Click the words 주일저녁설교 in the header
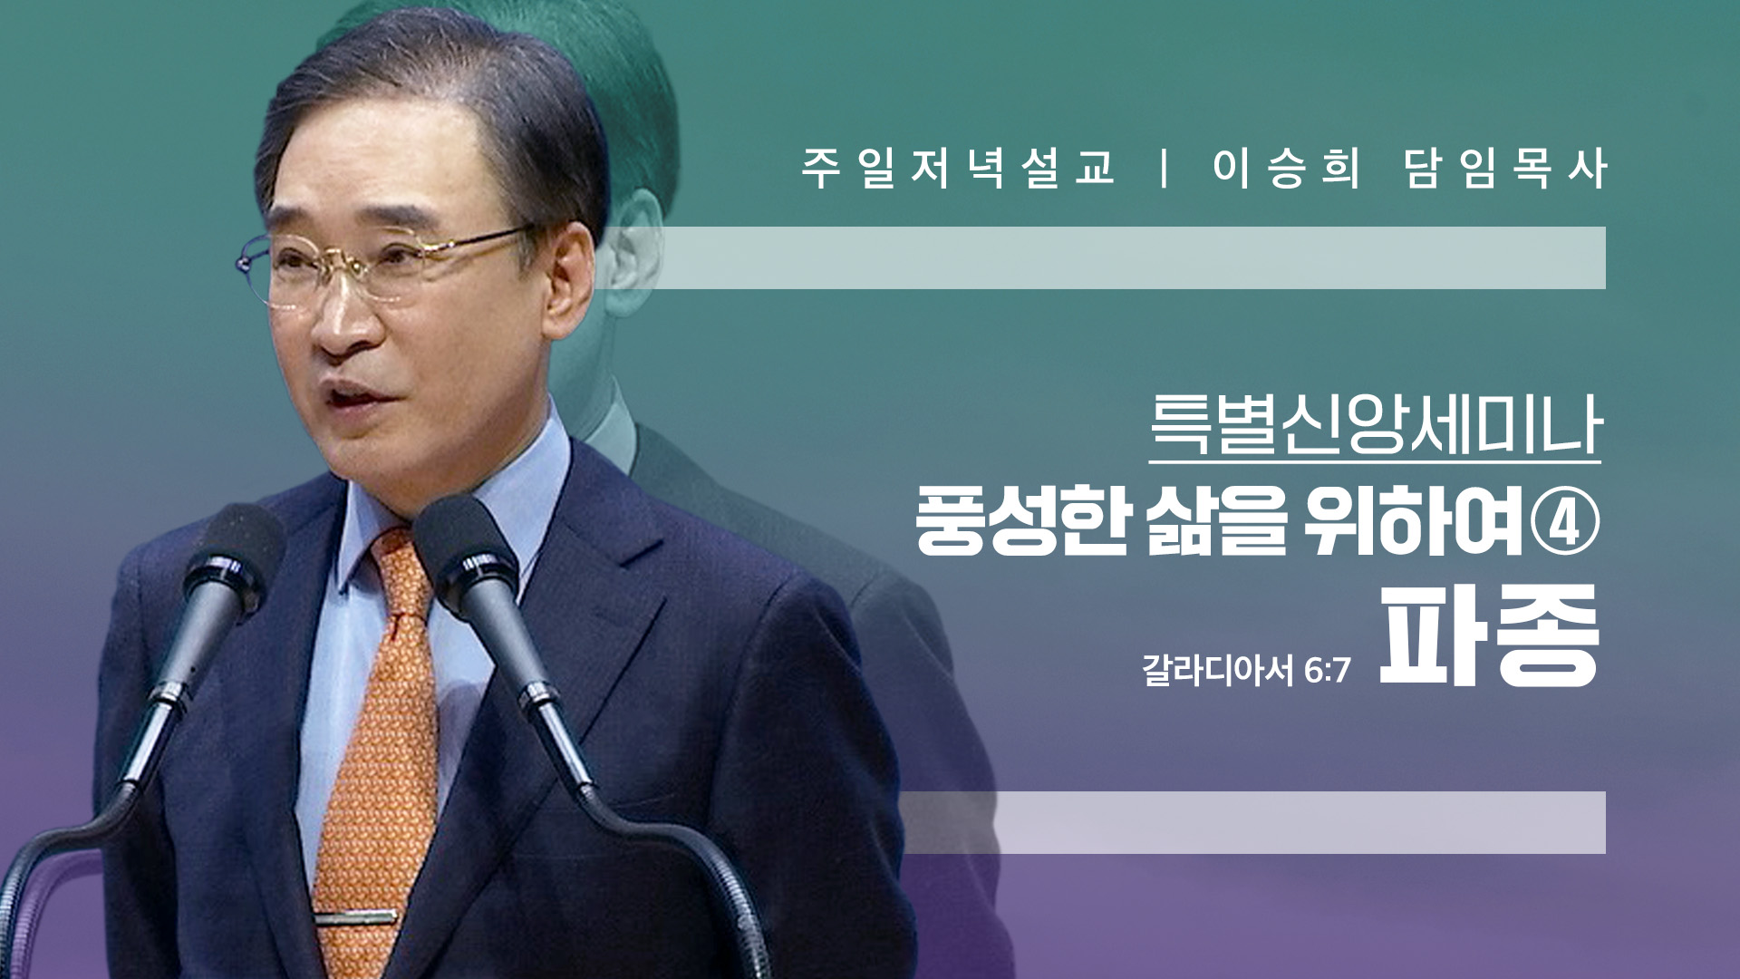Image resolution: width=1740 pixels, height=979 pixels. click(958, 168)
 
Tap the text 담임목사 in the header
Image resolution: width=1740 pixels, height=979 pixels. click(1506, 168)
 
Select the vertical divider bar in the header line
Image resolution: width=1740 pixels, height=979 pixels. click(1165, 169)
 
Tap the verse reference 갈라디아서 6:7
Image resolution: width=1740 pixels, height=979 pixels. click(1246, 671)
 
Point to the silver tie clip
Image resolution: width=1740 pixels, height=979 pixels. click(355, 917)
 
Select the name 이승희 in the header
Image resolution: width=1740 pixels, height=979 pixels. click(1286, 168)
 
